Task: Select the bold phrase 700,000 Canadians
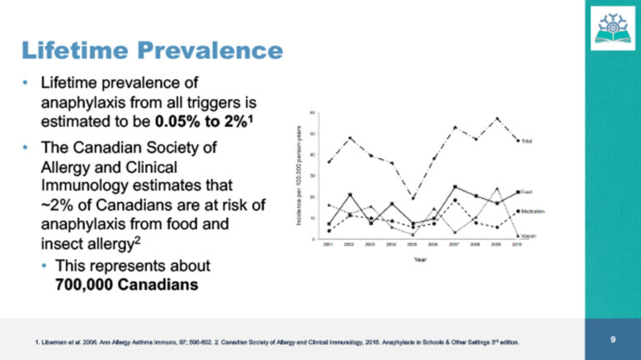[x=126, y=283]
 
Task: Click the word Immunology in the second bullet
[x=92, y=182]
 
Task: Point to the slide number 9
[x=613, y=339]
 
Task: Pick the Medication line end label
[x=532, y=212]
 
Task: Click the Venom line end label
[x=528, y=236]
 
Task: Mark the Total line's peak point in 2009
[x=497, y=119]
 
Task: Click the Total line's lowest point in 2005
[x=412, y=198]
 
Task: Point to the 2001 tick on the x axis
[x=329, y=246]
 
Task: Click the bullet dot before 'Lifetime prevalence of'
[x=27, y=83]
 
